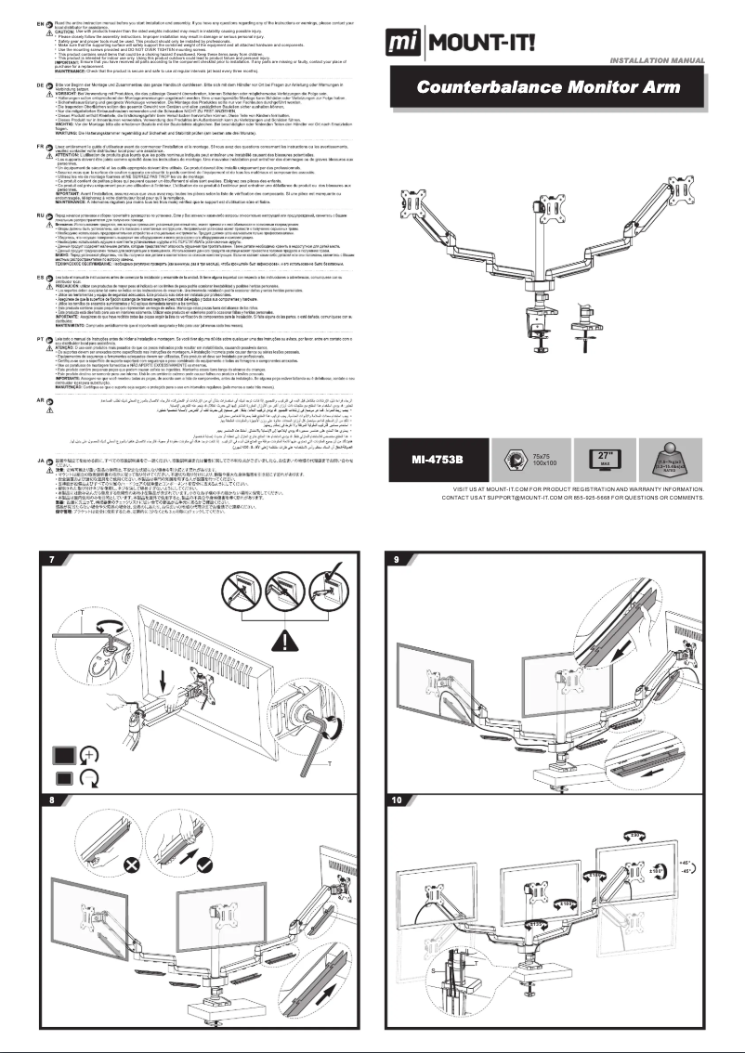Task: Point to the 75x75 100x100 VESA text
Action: [547, 461]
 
